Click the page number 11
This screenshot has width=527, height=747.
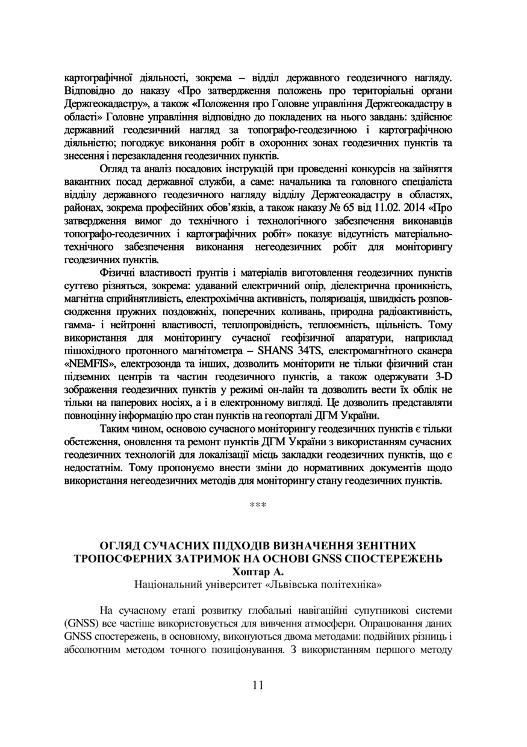point(258,684)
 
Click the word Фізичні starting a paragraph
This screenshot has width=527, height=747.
point(118,275)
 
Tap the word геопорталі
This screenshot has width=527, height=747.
point(291,415)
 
